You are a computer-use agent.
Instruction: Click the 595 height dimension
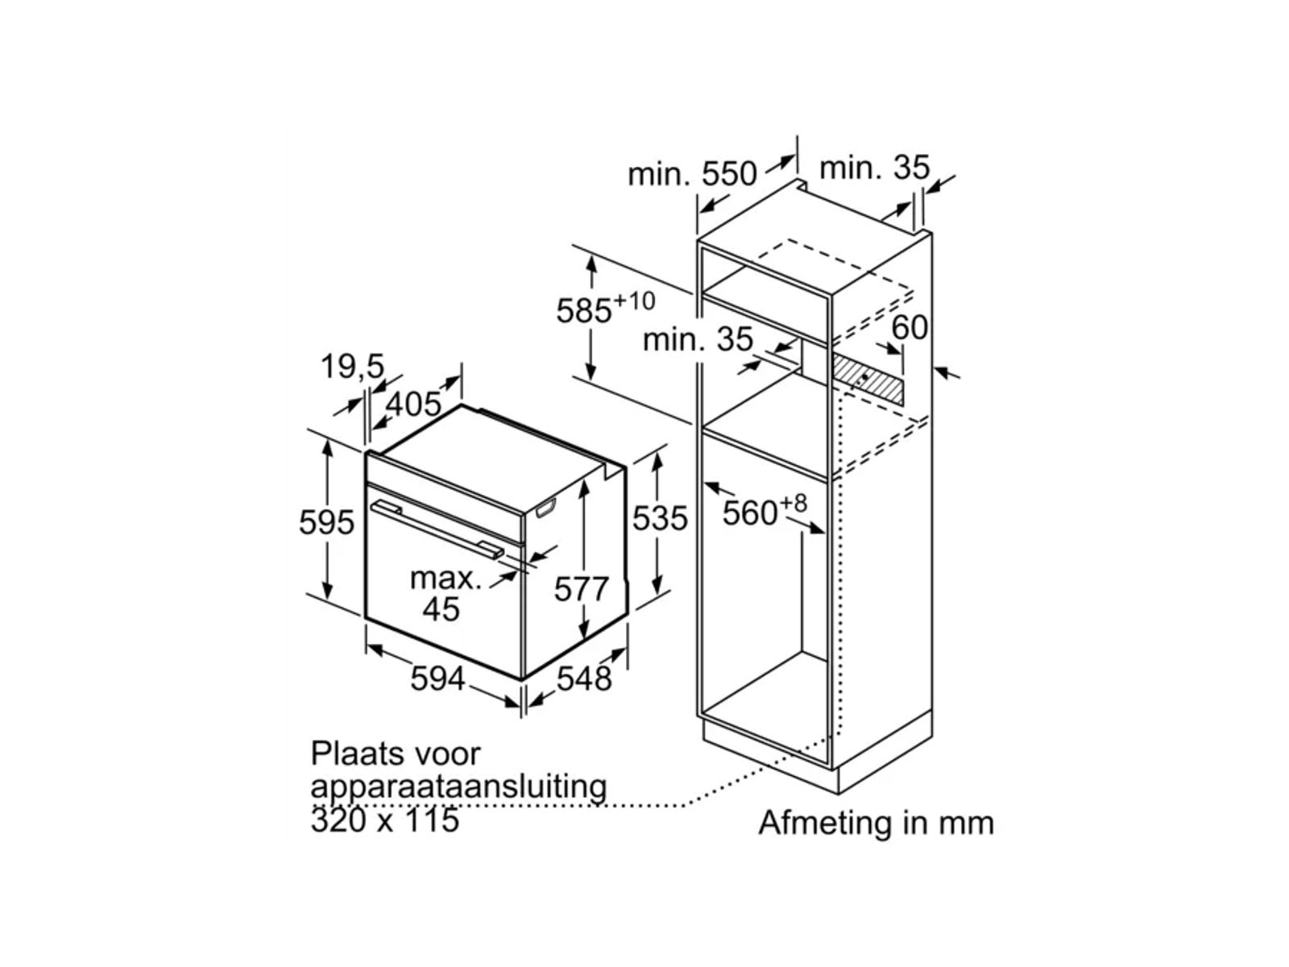[x=326, y=522]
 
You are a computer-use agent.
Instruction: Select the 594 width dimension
[x=437, y=679]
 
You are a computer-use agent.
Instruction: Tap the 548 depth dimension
[x=584, y=679]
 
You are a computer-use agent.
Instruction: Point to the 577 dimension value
[x=581, y=589]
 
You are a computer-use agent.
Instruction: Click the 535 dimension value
[x=660, y=518]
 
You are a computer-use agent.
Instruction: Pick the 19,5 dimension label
[x=353, y=367]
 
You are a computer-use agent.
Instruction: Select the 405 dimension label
[x=413, y=404]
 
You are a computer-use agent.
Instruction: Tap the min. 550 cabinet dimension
[x=692, y=173]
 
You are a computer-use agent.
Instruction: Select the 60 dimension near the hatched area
[x=910, y=327]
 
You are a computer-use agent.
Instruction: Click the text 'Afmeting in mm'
[x=876, y=823]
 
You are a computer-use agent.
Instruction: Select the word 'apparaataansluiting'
[x=458, y=786]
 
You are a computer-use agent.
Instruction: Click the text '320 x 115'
[x=384, y=820]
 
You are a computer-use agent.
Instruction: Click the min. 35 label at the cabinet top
[x=874, y=168]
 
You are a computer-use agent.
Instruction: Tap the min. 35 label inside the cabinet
[x=697, y=339]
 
